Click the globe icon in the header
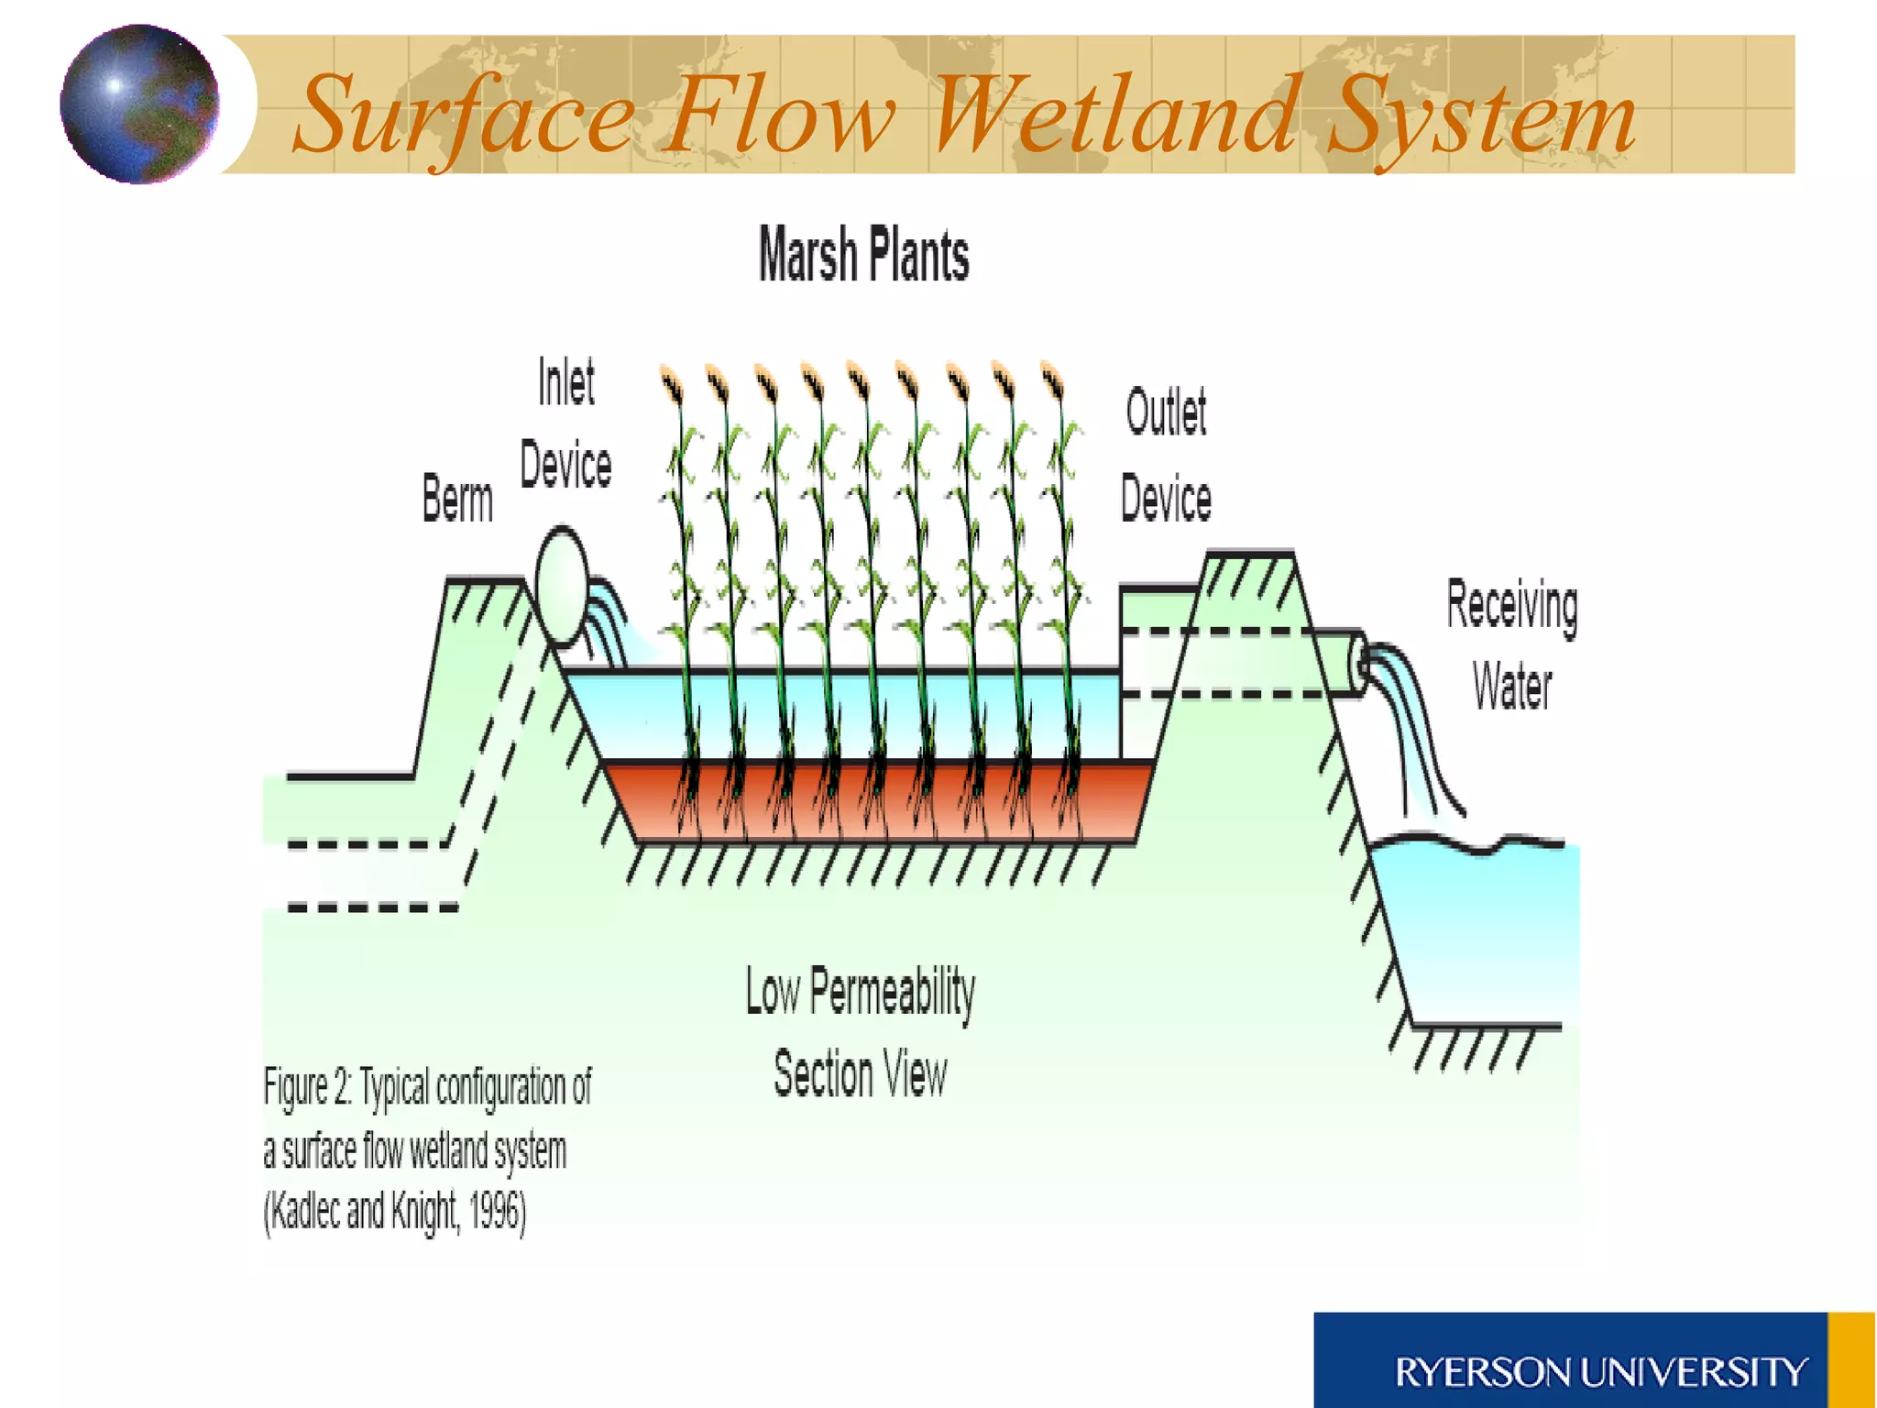[x=139, y=104]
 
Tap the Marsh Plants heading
[x=863, y=254]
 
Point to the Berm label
[x=457, y=500]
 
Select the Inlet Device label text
[x=565, y=423]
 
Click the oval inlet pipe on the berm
[x=561, y=585]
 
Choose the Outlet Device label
[x=1166, y=456]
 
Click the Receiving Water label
[x=1512, y=645]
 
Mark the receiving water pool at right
[x=1476, y=926]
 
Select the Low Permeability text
[x=860, y=992]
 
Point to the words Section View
[x=860, y=1073]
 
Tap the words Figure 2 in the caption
[x=308, y=1088]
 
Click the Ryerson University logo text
[x=1600, y=1372]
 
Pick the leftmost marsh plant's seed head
[x=672, y=383]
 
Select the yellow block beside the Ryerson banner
[x=1851, y=1360]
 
